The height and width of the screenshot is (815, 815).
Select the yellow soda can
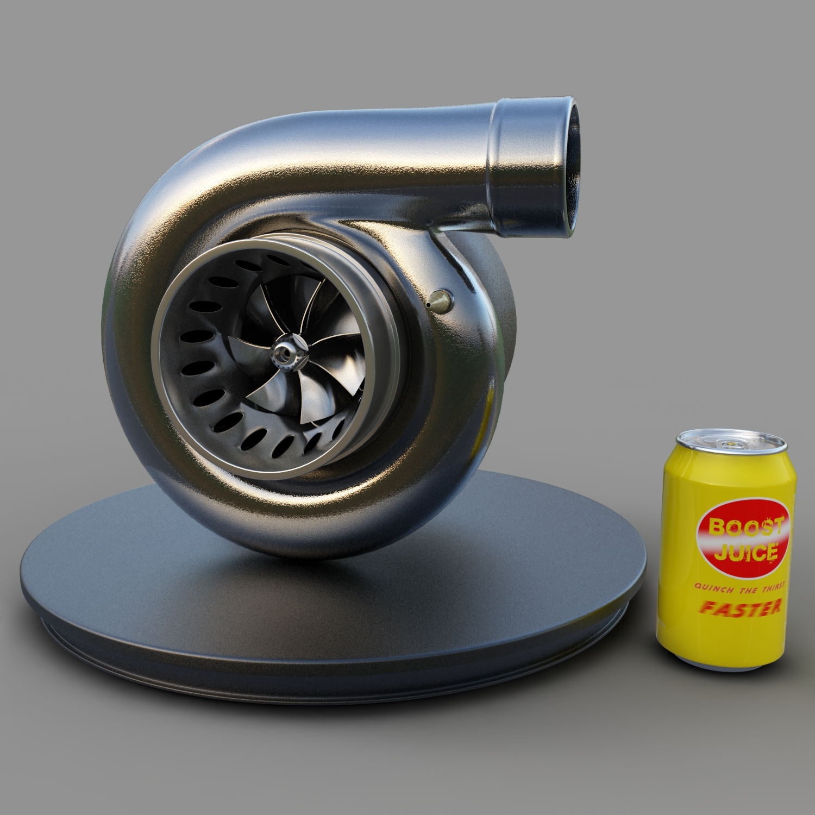point(725,549)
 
